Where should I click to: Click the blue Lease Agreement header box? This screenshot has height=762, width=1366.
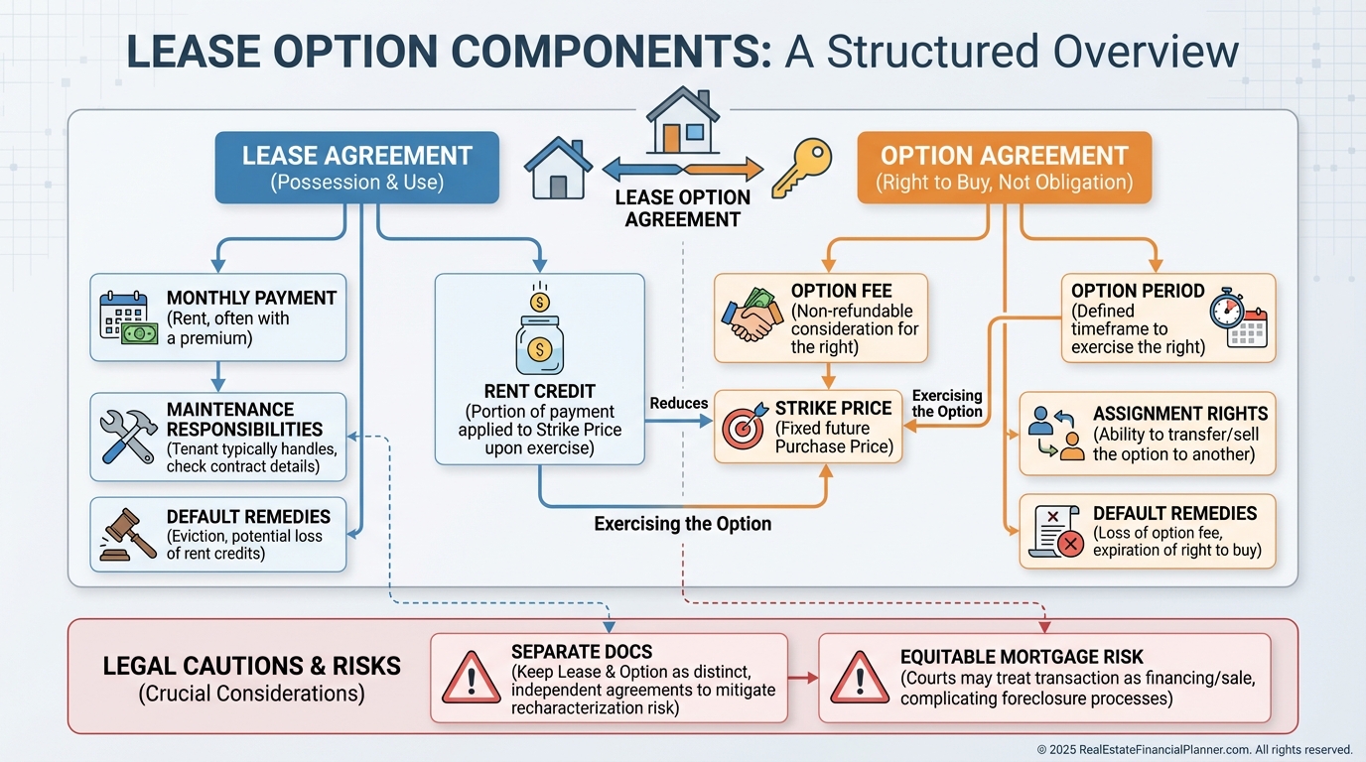[357, 168]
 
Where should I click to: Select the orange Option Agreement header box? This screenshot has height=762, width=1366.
[1004, 168]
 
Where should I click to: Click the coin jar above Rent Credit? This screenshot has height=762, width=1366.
[539, 333]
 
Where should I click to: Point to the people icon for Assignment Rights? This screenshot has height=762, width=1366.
[1056, 433]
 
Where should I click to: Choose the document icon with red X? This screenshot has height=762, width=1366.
[1058, 532]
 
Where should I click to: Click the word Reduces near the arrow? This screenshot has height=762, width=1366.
[679, 403]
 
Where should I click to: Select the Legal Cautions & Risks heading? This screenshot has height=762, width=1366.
[252, 666]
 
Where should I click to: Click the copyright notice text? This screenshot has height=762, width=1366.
[1194, 750]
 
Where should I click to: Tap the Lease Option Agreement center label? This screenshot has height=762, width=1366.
[682, 207]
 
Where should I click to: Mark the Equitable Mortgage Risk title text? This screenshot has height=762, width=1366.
[1022, 657]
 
